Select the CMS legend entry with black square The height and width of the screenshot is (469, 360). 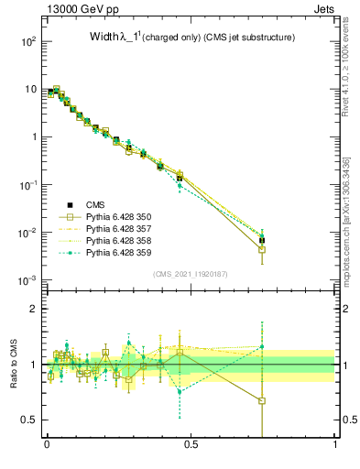pyautogui.click(x=96, y=205)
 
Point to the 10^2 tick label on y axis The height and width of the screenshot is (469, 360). pyautogui.click(x=28, y=41)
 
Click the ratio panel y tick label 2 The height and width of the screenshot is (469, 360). pyautogui.click(x=33, y=309)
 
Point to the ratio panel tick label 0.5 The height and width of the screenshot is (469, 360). pyautogui.click(x=28, y=420)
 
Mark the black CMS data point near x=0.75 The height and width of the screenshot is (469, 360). pyautogui.click(x=262, y=240)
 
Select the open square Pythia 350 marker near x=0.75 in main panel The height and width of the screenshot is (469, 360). pyautogui.click(x=262, y=249)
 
